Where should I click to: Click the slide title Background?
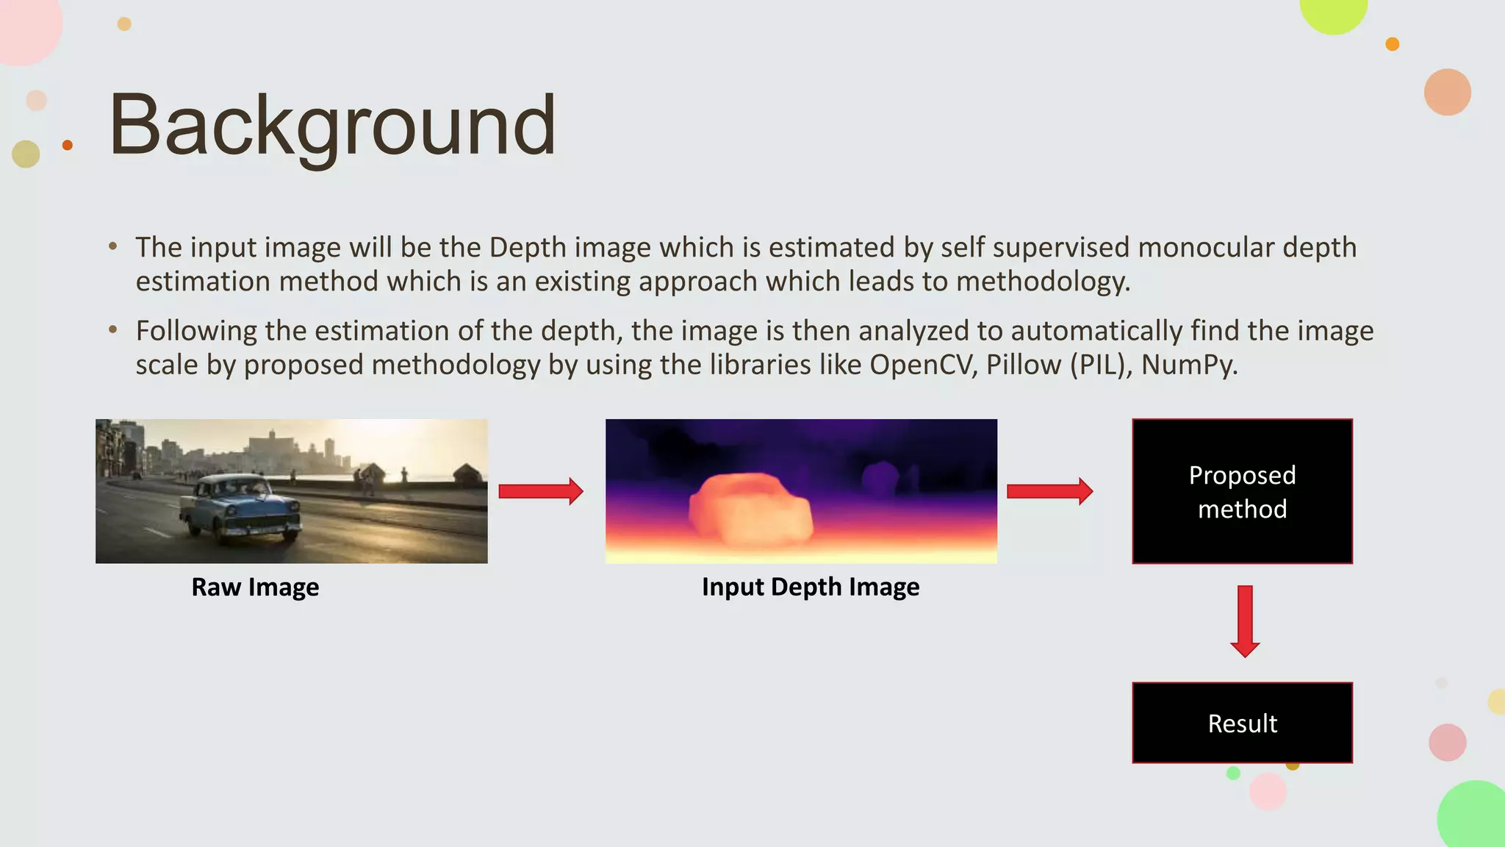[x=332, y=126]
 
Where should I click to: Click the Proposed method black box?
[x=1242, y=491]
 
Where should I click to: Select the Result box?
[x=1242, y=723]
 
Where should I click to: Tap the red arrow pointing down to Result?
[x=1245, y=621]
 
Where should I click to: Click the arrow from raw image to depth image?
[x=540, y=491]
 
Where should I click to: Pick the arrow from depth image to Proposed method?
[x=1049, y=491]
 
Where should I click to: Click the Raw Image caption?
[x=255, y=587]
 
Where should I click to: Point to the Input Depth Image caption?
[x=810, y=587]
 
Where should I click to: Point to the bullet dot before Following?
[x=112, y=330]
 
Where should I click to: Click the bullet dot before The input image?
[x=112, y=247]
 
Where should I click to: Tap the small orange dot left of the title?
[x=68, y=145]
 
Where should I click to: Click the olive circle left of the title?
[x=26, y=154]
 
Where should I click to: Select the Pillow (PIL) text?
[x=1058, y=365]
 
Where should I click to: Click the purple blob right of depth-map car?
[x=880, y=479]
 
